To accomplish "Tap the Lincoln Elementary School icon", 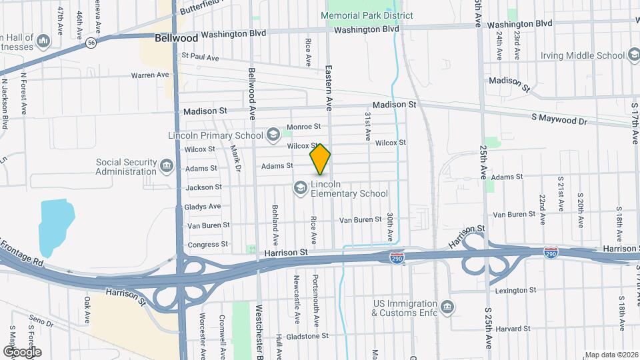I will [x=300, y=189].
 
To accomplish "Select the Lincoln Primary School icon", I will [x=273, y=135].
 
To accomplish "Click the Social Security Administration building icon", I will [x=166, y=164].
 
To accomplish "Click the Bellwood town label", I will [x=176, y=39].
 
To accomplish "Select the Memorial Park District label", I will [x=367, y=15].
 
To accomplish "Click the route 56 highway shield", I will [x=90, y=43].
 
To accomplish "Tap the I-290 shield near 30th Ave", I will [x=397, y=257].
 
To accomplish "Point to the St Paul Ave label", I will [x=200, y=58].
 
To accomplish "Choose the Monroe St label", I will [x=303, y=127].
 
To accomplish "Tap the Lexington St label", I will [x=515, y=291].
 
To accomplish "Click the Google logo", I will [x=22, y=351].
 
